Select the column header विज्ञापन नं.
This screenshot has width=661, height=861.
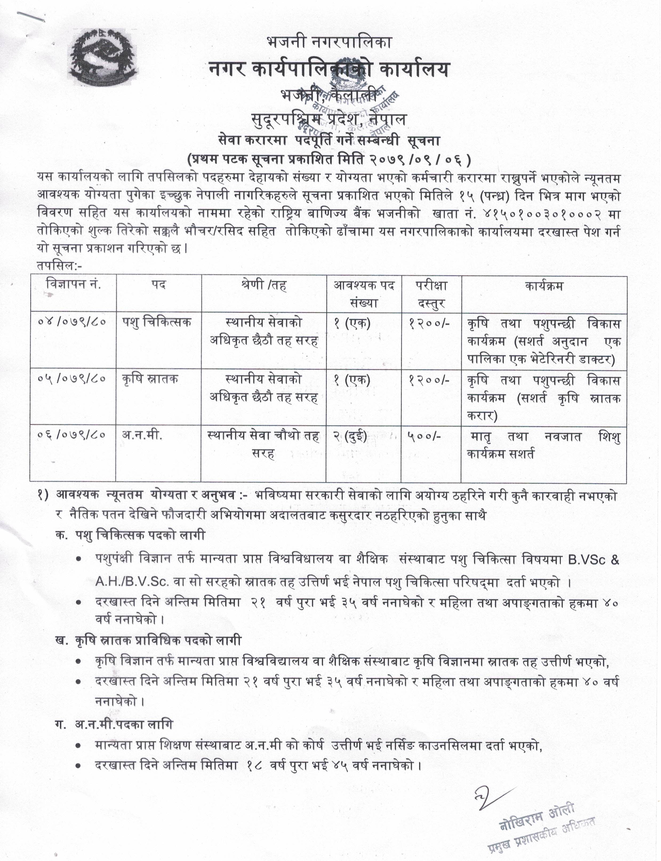(x=74, y=285)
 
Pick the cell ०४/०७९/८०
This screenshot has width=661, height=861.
(x=73, y=323)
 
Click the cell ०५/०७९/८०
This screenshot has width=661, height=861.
(x=73, y=379)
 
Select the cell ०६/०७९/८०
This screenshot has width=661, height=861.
(x=73, y=435)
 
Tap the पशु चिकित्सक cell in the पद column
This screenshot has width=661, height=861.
(x=157, y=323)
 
